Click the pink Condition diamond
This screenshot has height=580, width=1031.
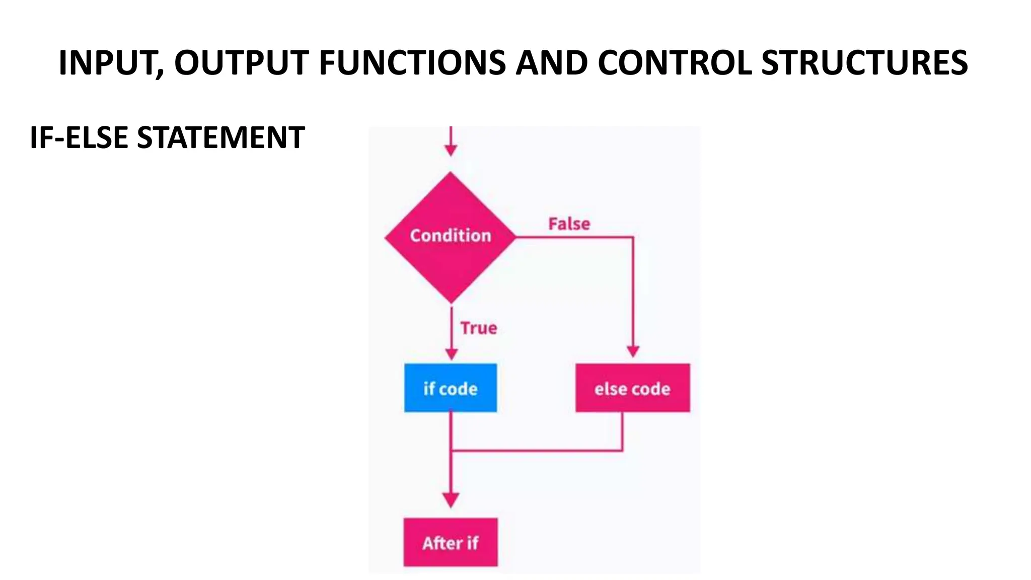pos(450,237)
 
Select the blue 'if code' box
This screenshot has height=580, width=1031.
pos(450,388)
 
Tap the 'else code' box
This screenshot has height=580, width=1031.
pos(632,388)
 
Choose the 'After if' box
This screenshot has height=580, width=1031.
pos(450,542)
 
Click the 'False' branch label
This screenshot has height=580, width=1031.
pos(569,224)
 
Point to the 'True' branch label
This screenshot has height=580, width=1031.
pos(478,328)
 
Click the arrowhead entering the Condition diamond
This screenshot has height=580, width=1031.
pos(451,150)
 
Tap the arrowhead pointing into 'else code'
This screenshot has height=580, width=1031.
pos(633,351)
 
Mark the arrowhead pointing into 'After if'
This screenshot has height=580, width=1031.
pos(451,499)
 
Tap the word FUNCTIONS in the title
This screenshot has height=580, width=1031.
pos(412,63)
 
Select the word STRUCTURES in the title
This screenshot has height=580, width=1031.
pos(864,63)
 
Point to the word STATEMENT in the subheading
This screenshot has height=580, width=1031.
pos(220,137)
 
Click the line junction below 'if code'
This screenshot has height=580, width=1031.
pos(451,450)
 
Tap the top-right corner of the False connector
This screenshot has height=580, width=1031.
pos(633,237)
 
